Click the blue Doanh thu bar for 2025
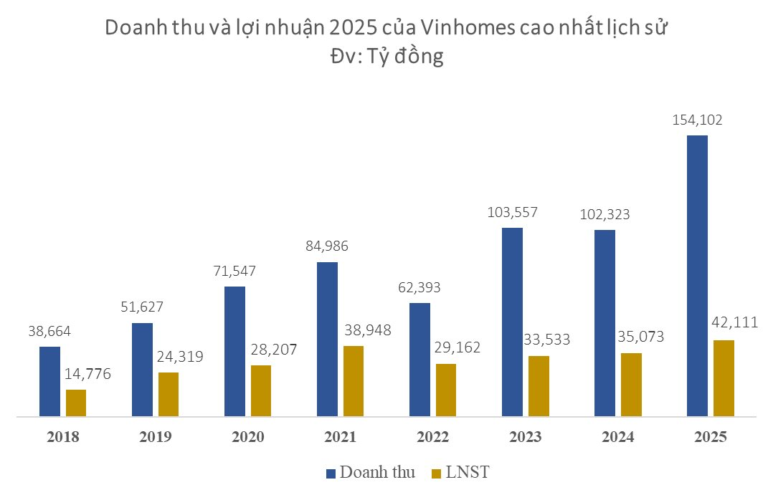pos(697,275)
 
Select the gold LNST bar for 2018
pos(76,403)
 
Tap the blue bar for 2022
pos(419,359)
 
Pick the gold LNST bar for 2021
pos(354,380)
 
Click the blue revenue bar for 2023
pos(512,322)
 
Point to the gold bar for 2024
pos(631,384)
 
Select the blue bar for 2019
pos(142,369)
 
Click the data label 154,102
pos(697,120)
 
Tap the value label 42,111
pos(733,322)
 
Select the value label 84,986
pos(327,247)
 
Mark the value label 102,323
pos(604,214)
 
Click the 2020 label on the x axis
pos(248,438)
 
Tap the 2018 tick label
pos(63,438)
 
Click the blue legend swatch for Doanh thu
pos(331,473)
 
